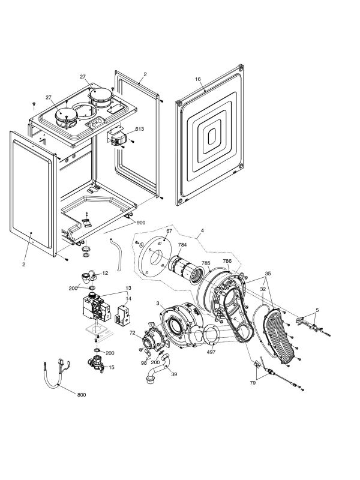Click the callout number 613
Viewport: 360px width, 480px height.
tap(139, 129)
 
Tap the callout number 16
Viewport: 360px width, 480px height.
tap(198, 79)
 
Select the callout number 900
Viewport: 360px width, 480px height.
tap(141, 223)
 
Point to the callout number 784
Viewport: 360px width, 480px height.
tap(182, 245)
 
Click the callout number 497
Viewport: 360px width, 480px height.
tap(211, 352)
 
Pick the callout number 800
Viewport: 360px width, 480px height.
tap(82, 395)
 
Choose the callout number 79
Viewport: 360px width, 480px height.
tap(253, 383)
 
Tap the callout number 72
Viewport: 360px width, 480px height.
tap(132, 332)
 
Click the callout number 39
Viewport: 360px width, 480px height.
tap(174, 374)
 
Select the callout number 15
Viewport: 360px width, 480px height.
tap(112, 367)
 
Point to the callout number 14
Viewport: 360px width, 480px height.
tap(128, 298)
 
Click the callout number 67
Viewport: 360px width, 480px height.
tap(169, 231)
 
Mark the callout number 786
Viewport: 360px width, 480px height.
tap(227, 261)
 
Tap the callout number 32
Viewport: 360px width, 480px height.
tap(263, 289)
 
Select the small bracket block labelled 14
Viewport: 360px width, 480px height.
tap(122, 314)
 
